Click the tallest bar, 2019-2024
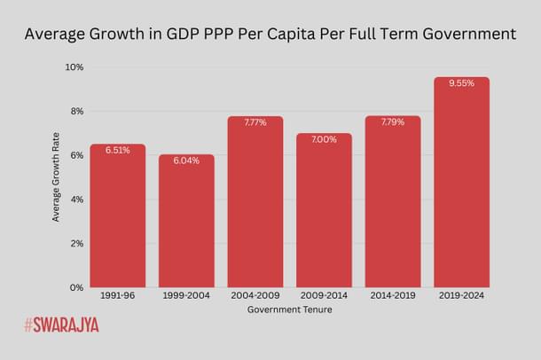[x=461, y=186]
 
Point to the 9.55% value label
[x=461, y=83]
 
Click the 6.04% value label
[x=186, y=161]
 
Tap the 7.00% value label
[x=324, y=139]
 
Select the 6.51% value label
[x=117, y=151]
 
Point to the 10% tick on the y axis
[x=74, y=67]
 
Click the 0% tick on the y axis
[x=76, y=287]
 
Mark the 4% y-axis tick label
[x=76, y=200]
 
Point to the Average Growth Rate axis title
[x=56, y=177]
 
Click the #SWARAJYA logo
[x=61, y=325]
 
